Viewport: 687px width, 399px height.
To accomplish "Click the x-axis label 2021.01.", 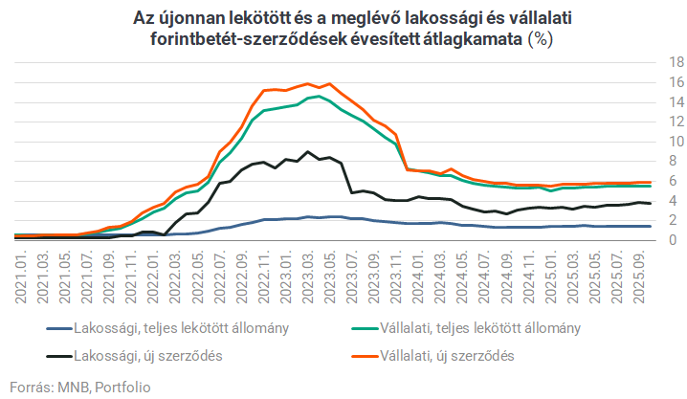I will pyautogui.click(x=20, y=277).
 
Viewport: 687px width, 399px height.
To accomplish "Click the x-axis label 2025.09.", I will pyautogui.click(x=644, y=277).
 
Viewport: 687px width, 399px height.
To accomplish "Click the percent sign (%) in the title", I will pyautogui.click(x=542, y=40).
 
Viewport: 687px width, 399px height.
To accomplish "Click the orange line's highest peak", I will pyautogui.click(x=329, y=83).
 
